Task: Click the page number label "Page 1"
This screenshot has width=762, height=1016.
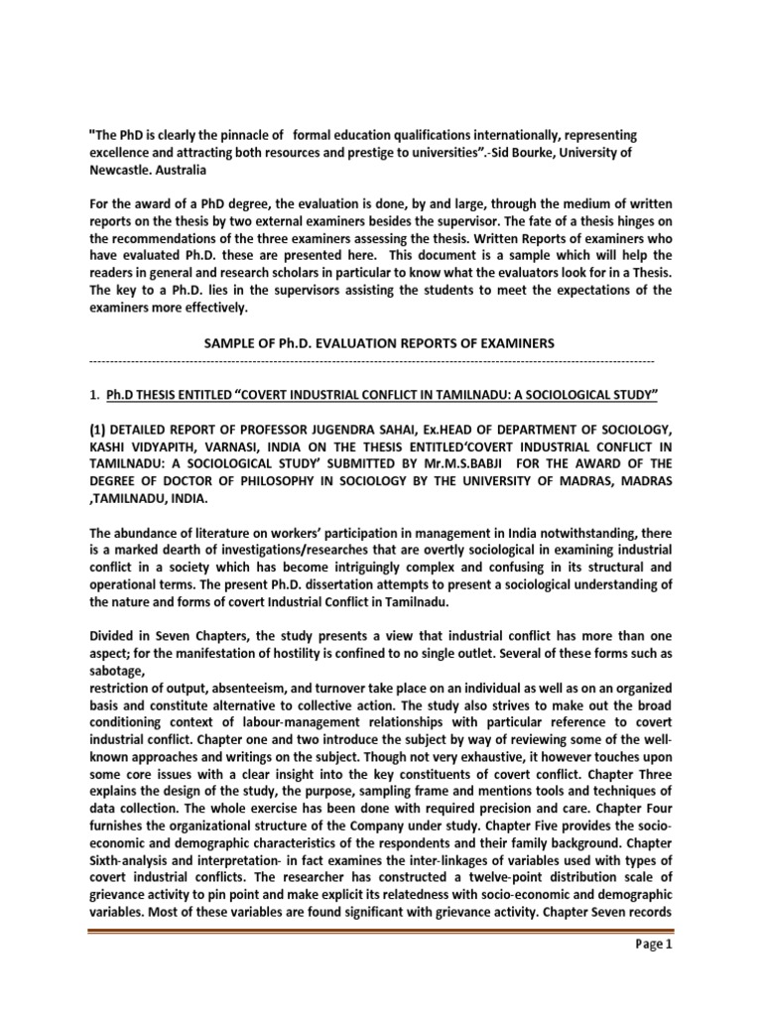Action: click(x=651, y=971)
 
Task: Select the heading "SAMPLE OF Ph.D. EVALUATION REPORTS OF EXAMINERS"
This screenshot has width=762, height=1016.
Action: click(x=380, y=342)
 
